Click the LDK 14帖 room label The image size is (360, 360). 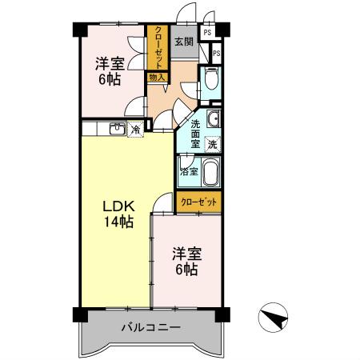click(117, 213)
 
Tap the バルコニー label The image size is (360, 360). click(150, 327)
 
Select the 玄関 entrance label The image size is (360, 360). click(184, 42)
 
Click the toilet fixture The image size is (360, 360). click(210, 81)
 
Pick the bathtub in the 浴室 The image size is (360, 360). click(210, 173)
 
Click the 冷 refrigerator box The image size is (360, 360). click(136, 129)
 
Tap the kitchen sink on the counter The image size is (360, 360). click(117, 128)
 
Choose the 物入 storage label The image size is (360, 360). click(156, 77)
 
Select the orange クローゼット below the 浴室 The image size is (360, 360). click(197, 204)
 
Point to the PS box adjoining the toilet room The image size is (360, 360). click(216, 53)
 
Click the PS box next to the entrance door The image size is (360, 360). click(207, 33)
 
